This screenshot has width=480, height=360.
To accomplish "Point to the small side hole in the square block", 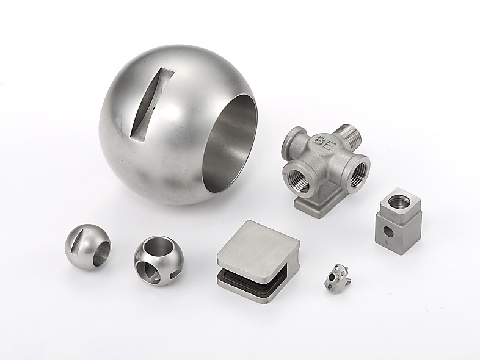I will coord(387,231).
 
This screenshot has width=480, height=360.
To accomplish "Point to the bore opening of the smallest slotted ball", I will coord(103,251).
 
